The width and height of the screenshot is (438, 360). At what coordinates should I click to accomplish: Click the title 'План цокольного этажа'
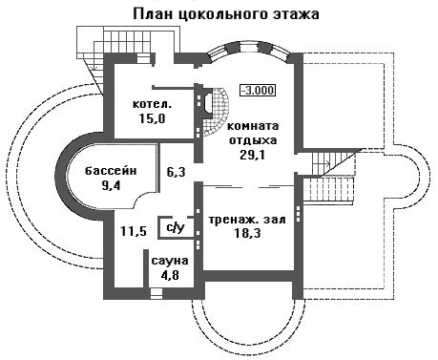pos(226,14)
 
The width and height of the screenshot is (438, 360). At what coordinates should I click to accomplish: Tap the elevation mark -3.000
pos(258,90)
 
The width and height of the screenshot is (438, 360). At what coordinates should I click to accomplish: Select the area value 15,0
pos(152,118)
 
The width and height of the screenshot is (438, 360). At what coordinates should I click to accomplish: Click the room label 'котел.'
pos(152,104)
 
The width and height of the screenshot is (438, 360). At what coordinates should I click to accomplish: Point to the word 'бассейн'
pos(111,171)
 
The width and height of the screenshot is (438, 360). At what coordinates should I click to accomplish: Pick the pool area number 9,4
pos(111,185)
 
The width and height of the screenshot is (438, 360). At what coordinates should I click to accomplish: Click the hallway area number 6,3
pos(177,172)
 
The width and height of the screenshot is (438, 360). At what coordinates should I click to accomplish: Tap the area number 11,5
pos(134,231)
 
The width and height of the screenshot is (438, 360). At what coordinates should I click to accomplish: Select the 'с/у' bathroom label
pos(176,227)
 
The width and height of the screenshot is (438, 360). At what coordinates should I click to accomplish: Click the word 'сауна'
pos(170,261)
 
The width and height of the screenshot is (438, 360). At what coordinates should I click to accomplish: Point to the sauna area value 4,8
pos(170,274)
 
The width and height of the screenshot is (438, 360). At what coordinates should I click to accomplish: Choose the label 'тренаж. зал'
pos(247,220)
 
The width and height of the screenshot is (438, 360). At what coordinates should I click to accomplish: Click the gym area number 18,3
pos(247,233)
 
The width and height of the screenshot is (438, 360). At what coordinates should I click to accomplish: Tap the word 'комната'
pos(253,126)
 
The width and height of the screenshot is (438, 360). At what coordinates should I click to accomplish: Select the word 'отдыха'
pos(253,140)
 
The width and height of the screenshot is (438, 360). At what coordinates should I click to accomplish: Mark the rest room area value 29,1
pos(253,155)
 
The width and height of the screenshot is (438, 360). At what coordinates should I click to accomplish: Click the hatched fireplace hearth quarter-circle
pos(219,112)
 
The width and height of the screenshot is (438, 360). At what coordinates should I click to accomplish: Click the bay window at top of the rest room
pos(248,50)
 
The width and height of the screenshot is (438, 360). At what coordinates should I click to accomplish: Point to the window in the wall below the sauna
pos(156,292)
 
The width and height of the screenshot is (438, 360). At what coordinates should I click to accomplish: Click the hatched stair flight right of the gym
pos(328,189)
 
